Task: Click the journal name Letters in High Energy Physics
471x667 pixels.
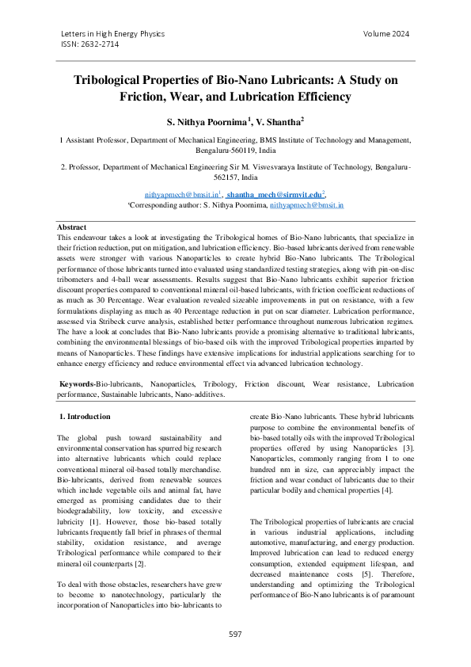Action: [x=112, y=34]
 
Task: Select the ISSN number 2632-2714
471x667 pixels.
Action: [x=89, y=46]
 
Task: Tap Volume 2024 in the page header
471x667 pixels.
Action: [x=386, y=34]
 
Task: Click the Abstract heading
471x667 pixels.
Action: [x=73, y=227]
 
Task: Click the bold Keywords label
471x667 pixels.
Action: [x=78, y=383]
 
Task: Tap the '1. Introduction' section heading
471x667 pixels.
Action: [x=85, y=416]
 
